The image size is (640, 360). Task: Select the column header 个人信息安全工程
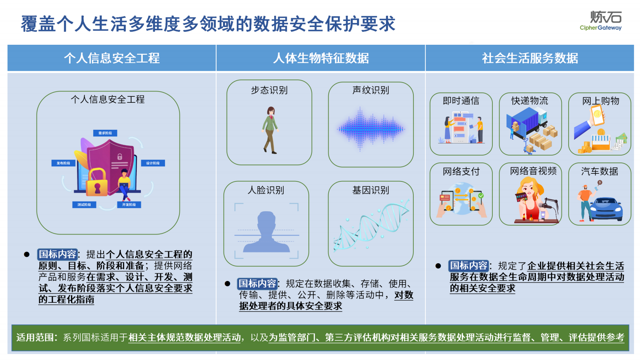[112, 58]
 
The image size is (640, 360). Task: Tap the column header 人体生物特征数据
[321, 58]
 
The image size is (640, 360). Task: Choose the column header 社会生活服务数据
[530, 58]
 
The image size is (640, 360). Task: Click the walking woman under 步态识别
[270, 129]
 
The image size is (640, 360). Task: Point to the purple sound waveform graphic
[371, 129]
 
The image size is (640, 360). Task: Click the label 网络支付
[461, 171]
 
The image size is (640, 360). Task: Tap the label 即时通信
[461, 101]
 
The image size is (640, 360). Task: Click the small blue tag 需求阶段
[105, 133]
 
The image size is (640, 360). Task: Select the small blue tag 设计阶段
[153, 163]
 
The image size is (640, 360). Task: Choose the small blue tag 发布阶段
[63, 163]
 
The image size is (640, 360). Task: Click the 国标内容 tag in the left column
[57, 254]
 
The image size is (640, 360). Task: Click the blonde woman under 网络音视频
[530, 198]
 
